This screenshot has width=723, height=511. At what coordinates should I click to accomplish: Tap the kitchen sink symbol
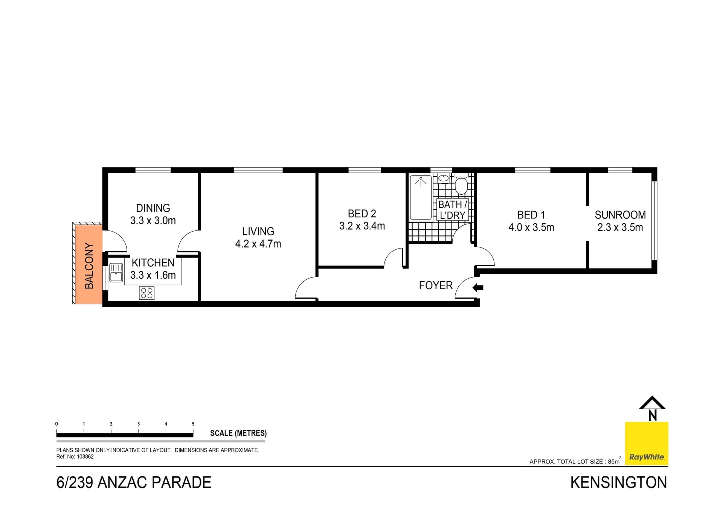[x=116, y=272]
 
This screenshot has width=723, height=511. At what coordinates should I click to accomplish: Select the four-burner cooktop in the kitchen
[x=147, y=293]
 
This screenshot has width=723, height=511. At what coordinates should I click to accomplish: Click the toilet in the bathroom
[x=461, y=185]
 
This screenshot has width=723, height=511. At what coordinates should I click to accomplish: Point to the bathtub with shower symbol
[x=421, y=197]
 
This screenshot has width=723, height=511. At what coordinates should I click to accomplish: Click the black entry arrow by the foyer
[x=478, y=288]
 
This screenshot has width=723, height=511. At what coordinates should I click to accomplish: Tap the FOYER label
[x=436, y=285]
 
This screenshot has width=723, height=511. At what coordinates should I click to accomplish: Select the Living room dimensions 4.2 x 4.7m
[x=258, y=244]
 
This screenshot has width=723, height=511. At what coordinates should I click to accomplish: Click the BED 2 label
[x=362, y=214]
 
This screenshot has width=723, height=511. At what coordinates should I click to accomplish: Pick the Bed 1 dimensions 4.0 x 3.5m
[x=531, y=227]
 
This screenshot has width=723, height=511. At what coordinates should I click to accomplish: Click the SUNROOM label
[x=620, y=215]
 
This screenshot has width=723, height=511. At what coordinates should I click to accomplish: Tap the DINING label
[x=153, y=208]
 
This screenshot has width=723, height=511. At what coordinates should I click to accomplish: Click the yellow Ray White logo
[x=647, y=443]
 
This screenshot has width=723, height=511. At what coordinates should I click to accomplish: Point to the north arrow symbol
[x=652, y=409]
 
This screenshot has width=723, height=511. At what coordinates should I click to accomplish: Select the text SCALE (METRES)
[x=238, y=433]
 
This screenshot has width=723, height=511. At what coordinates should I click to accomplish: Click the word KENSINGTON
[x=618, y=483]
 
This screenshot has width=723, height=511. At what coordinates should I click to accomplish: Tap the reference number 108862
[x=85, y=457]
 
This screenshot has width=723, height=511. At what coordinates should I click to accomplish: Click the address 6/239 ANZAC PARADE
[x=134, y=483]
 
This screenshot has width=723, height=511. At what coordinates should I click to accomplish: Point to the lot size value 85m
[x=614, y=461]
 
